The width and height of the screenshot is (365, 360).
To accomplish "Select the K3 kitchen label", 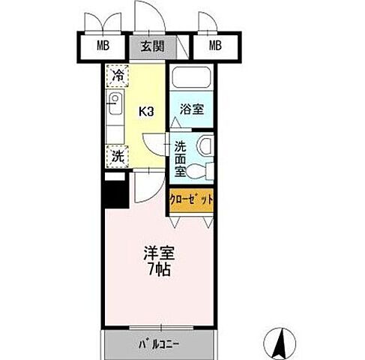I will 145,112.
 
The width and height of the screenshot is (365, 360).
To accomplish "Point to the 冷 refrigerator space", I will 117,76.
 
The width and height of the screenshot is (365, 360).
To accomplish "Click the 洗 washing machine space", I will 117,156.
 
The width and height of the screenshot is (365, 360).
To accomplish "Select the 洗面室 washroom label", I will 180,160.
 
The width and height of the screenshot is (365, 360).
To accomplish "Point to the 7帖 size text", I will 157,270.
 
